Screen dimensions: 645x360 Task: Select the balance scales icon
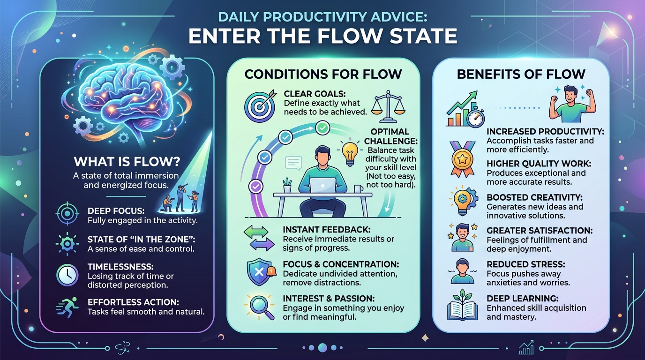click(388, 106)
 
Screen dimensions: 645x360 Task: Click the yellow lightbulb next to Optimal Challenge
click(350, 153)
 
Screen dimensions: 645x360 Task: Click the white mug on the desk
click(359, 189)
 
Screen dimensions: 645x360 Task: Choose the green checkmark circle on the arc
click(322, 128)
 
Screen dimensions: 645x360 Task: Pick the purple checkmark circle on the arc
click(255, 187)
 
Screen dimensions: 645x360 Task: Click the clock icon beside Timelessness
click(67, 275)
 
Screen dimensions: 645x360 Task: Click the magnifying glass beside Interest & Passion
click(259, 307)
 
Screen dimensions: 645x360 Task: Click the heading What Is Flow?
click(127, 162)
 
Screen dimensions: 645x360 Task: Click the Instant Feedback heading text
click(327, 230)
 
